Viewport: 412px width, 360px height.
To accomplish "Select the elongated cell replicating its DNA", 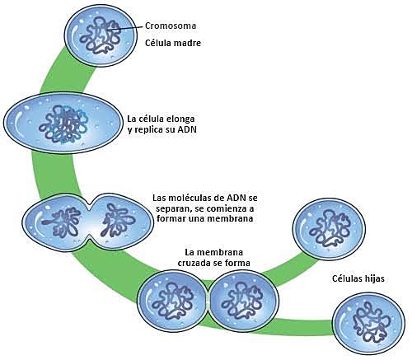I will tap(61, 124).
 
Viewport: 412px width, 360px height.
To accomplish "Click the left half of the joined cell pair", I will tap(171, 302).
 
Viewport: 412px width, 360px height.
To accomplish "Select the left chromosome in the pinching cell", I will tap(56, 220).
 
